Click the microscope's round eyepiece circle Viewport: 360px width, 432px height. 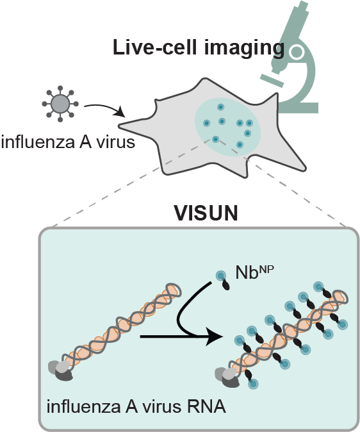point(297,49)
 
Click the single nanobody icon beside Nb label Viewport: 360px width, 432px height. point(224,281)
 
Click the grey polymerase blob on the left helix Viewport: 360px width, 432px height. point(61,371)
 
